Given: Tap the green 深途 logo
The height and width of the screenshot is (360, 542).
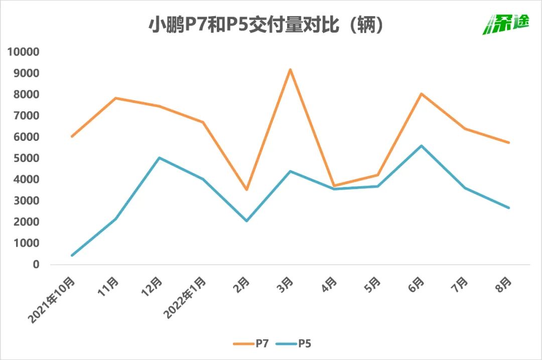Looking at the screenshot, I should [505, 24].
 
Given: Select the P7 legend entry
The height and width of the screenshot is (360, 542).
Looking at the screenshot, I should [253, 343].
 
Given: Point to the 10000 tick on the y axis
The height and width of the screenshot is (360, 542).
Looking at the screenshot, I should [23, 52].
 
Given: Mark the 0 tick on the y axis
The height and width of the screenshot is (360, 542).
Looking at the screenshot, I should [36, 264].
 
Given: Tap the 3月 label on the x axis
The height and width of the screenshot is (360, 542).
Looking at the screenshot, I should [286, 286].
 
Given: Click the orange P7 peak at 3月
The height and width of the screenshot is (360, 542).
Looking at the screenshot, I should [290, 70].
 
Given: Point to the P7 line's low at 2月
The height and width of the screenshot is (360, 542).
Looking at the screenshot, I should [246, 190].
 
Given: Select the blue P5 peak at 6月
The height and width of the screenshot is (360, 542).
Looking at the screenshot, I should [422, 146].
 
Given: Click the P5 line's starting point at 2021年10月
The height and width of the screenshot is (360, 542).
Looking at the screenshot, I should [72, 255].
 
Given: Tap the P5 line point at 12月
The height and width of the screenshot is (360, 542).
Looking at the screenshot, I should [159, 158].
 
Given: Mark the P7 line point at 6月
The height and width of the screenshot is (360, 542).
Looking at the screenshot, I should [422, 94].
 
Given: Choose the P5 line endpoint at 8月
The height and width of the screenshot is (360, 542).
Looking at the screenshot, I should [509, 208].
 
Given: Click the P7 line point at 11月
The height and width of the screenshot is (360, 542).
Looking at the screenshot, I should [116, 98].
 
